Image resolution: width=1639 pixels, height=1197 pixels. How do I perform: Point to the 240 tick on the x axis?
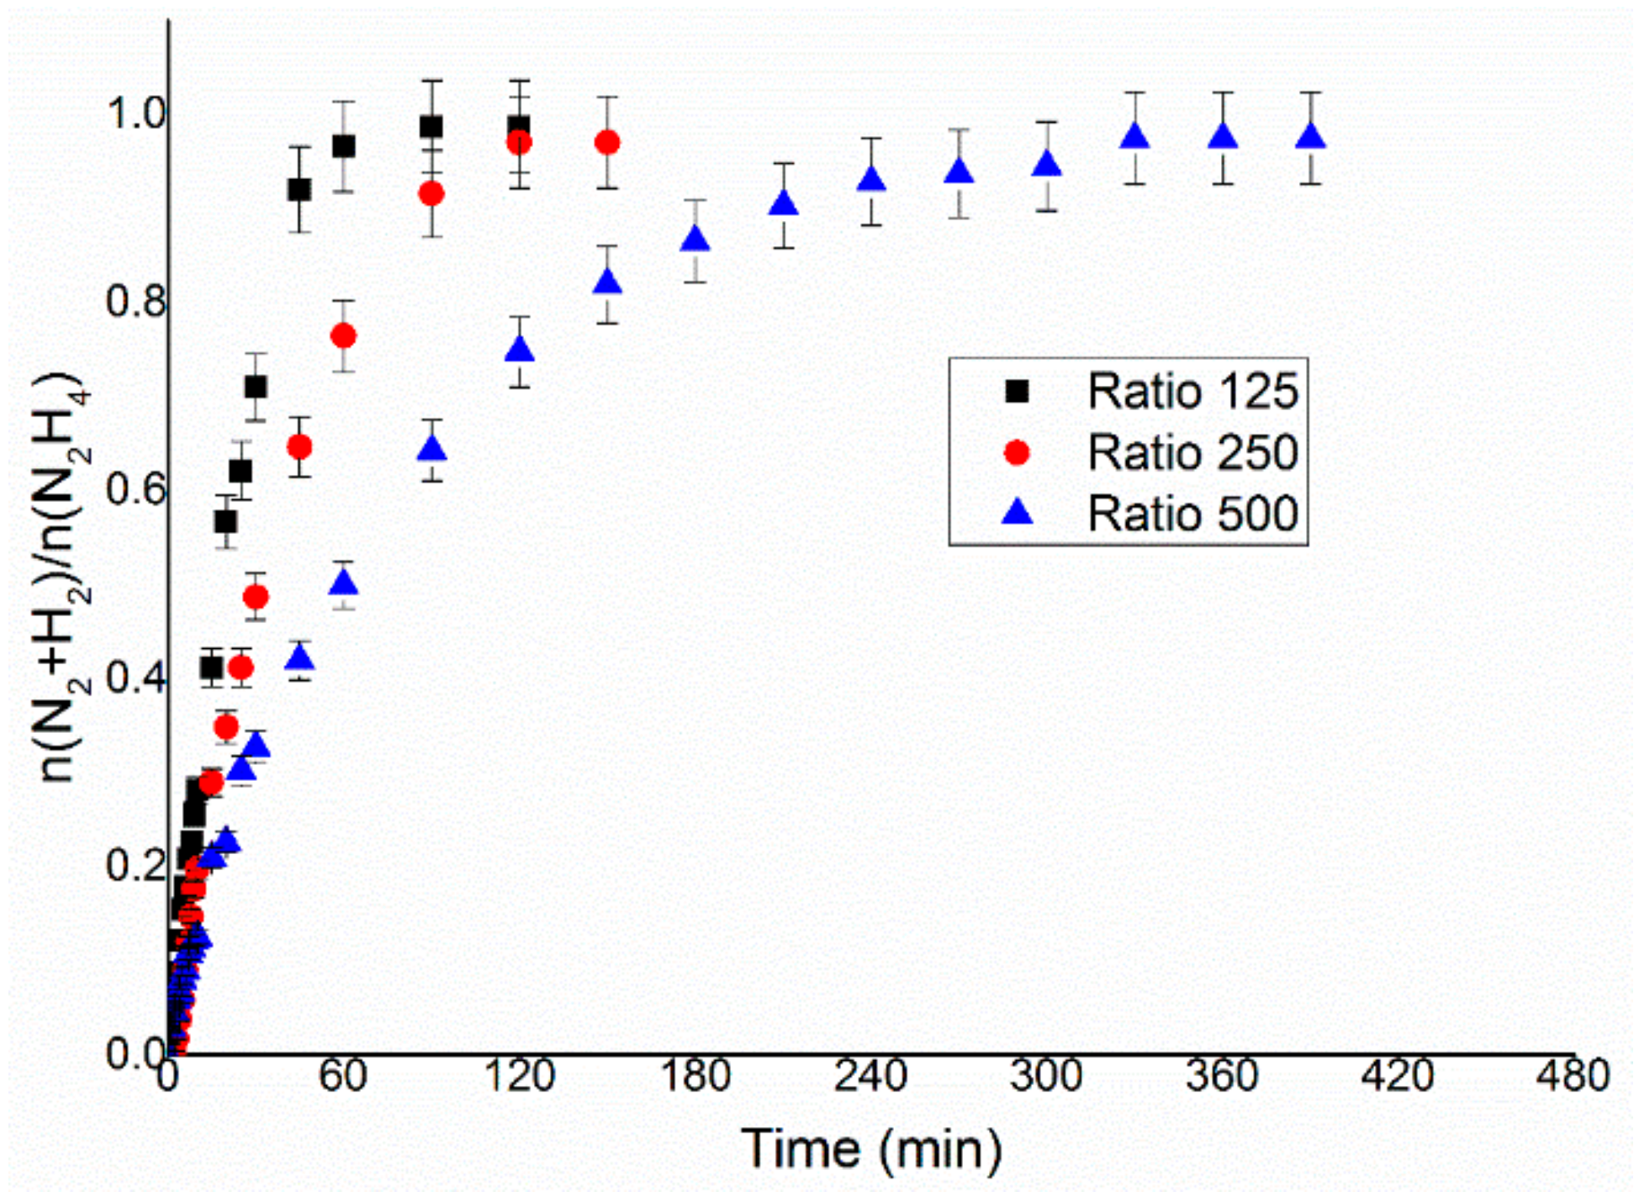(871, 1077)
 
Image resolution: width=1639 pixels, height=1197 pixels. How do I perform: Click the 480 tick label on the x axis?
(1572, 1077)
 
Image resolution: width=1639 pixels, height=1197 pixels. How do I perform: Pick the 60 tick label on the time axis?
(343, 1077)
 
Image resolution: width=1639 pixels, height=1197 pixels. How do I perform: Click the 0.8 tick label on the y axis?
(135, 302)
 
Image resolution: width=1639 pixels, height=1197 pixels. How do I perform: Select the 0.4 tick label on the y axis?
(135, 678)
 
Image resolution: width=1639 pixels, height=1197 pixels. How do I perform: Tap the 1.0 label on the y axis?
(135, 113)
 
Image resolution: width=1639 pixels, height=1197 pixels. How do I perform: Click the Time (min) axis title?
(871, 1149)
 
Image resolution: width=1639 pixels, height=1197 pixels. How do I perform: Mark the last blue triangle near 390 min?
(1310, 137)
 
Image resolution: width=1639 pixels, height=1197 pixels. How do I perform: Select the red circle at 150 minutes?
(607, 143)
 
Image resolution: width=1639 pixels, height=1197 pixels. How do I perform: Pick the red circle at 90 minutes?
(431, 194)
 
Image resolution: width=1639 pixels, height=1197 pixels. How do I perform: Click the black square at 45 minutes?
(299, 189)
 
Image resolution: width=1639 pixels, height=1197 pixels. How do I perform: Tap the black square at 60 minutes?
(343, 146)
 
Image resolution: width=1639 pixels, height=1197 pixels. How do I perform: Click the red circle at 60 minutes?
(343, 336)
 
